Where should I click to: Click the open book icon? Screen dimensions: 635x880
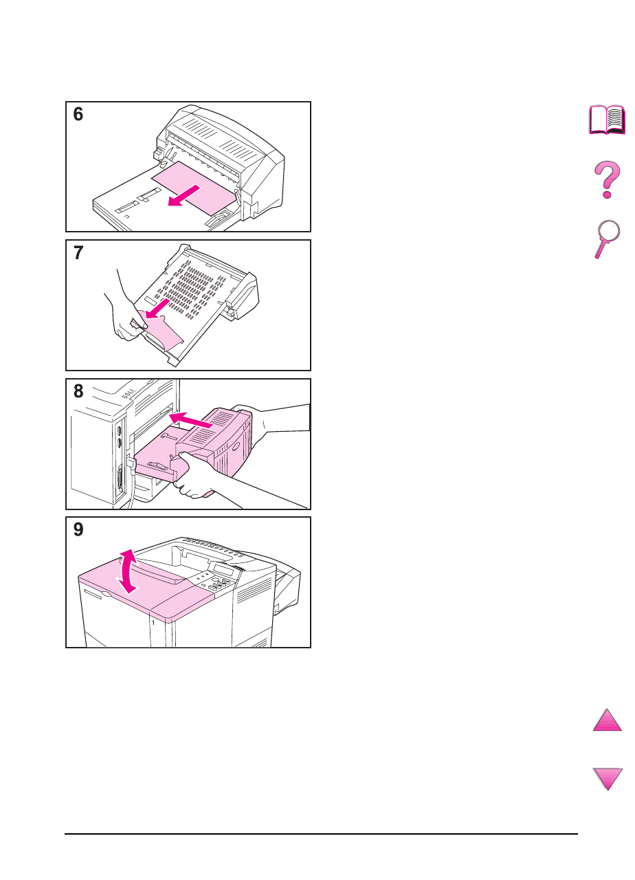[x=607, y=120]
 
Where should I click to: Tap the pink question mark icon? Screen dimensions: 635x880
[x=607, y=179]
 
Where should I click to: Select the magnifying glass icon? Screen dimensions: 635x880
[x=607, y=239]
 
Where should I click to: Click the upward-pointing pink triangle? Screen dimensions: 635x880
[x=607, y=720]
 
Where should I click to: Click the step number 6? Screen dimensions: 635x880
[x=78, y=114]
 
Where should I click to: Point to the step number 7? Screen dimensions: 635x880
[x=78, y=252]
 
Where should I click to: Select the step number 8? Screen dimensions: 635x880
[x=78, y=391]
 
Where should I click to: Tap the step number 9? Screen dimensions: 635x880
[x=78, y=529]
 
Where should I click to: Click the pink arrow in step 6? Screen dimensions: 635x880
[x=183, y=196]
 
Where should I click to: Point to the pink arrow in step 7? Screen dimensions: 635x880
[x=157, y=309]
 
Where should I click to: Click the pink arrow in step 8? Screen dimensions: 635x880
[x=191, y=419]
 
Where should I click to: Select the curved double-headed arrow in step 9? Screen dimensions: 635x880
[x=129, y=571]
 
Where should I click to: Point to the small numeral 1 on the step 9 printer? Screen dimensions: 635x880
[x=153, y=623]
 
